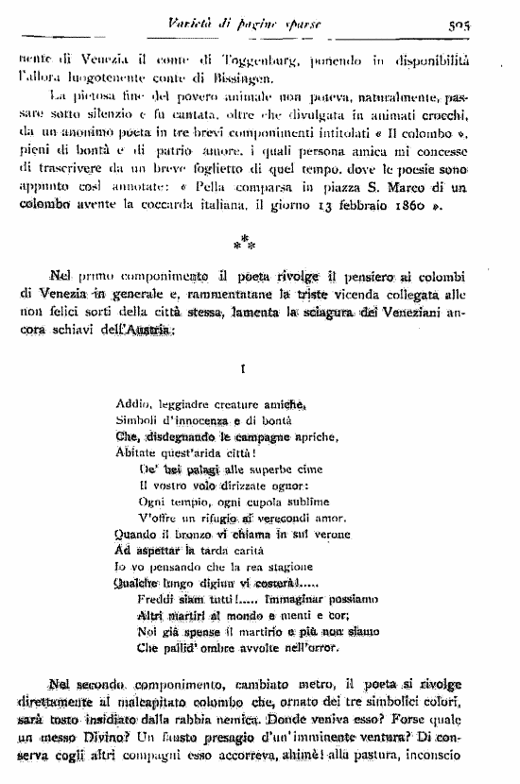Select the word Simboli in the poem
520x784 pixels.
[x=141, y=420]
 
